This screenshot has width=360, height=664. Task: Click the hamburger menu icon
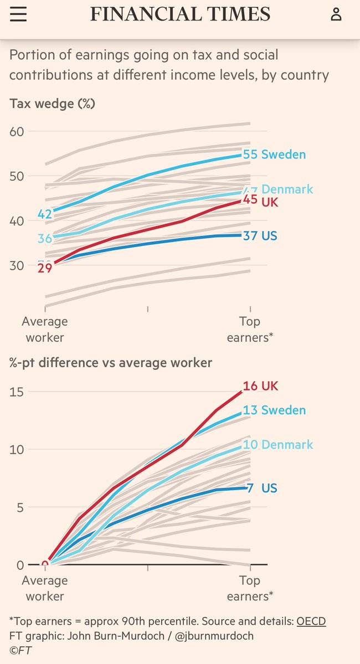pyautogui.click(x=18, y=14)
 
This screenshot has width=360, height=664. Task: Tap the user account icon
pyautogui.click(x=336, y=14)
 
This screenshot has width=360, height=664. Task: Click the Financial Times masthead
pyautogui.click(x=180, y=14)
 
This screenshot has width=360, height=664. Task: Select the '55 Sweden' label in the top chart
pyautogui.click(x=274, y=155)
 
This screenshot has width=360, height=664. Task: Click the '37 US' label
pyautogui.click(x=260, y=236)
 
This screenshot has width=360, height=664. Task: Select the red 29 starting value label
pyautogui.click(x=44, y=269)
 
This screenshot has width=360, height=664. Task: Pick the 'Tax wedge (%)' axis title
pyautogui.click(x=52, y=104)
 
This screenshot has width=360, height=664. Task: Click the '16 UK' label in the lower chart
pyautogui.click(x=260, y=386)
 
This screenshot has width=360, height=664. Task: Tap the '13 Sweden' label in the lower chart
pyautogui.click(x=274, y=410)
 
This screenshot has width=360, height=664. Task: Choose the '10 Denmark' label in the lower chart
pyautogui.click(x=277, y=445)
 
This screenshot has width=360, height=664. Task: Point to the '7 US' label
pyautogui.click(x=261, y=488)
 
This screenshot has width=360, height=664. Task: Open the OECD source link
pyautogui.click(x=311, y=621)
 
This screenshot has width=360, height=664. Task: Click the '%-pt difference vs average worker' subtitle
pyautogui.click(x=111, y=363)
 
